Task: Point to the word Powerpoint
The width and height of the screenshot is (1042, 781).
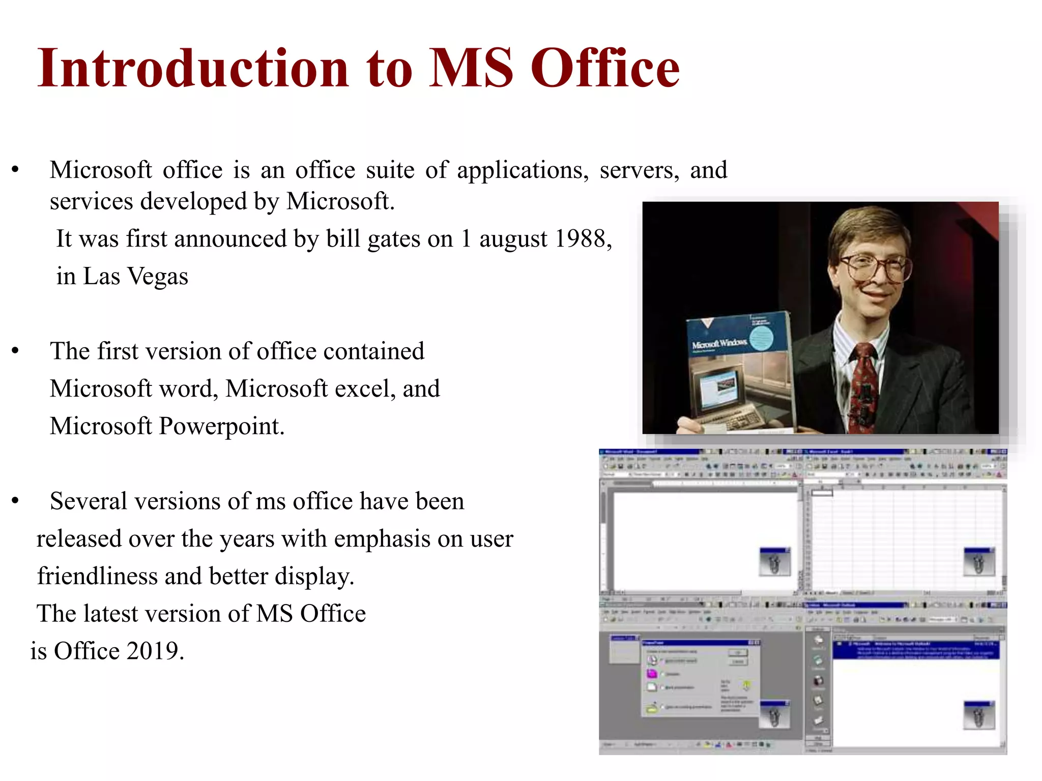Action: (221, 426)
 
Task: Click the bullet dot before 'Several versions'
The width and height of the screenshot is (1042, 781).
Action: (15, 501)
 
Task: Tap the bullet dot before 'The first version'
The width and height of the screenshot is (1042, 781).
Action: (15, 351)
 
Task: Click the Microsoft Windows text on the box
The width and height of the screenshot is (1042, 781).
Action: (719, 344)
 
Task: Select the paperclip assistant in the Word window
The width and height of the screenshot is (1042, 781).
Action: (774, 562)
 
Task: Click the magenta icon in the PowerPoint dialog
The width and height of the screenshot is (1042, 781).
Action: (652, 674)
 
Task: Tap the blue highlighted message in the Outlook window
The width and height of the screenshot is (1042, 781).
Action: (916, 650)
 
